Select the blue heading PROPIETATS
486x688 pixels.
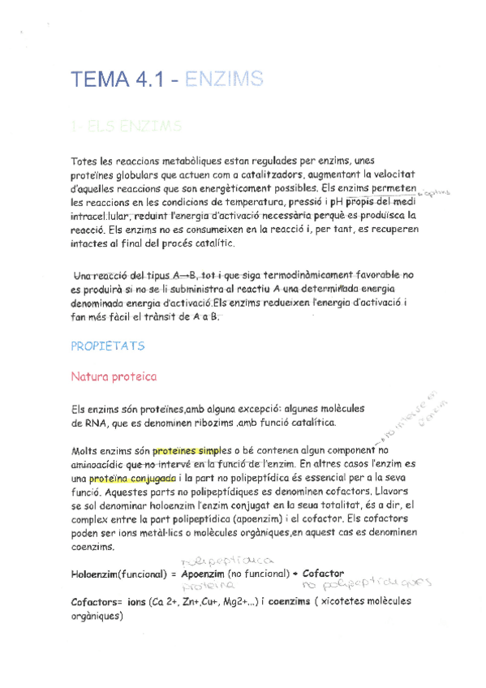point(107,345)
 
